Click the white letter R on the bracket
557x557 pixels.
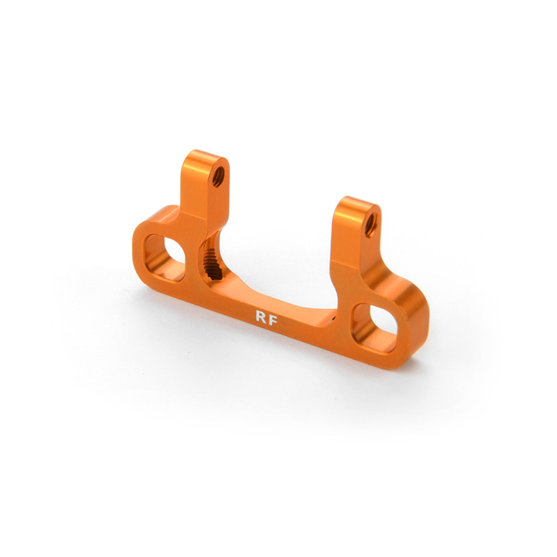(260, 317)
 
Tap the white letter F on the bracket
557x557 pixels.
(273, 320)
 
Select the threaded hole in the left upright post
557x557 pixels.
(218, 176)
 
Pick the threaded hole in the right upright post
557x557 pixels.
(370, 225)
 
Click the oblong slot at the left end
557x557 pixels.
(164, 257)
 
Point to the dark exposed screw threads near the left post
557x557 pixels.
(212, 262)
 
